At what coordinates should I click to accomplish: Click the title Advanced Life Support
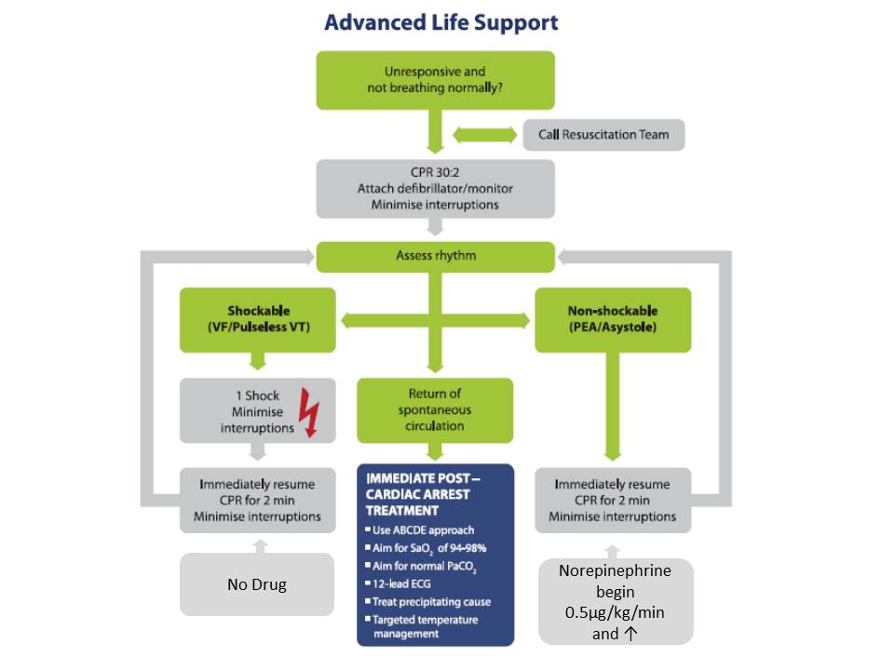(441, 21)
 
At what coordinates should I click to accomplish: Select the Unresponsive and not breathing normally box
(435, 80)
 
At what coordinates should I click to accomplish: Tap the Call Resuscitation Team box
(603, 134)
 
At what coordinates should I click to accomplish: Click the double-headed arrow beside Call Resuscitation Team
(484, 134)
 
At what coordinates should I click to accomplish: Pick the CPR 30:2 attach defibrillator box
(435, 188)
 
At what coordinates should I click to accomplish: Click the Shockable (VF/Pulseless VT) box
(258, 319)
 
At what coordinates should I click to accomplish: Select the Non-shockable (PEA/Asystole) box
(613, 319)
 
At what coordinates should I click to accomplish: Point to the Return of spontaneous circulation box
(435, 409)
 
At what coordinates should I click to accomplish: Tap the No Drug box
(256, 584)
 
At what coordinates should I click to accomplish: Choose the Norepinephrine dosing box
(616, 600)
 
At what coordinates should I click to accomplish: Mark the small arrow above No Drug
(258, 543)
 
